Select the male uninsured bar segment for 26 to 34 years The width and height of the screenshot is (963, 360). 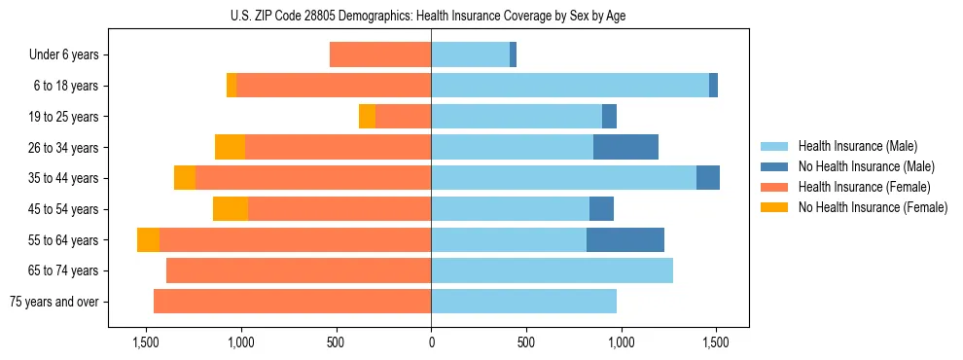click(625, 147)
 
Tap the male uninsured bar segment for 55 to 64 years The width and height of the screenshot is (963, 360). click(625, 239)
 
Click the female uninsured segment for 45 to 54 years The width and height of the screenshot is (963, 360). click(231, 208)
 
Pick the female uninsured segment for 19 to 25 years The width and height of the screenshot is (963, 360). click(367, 116)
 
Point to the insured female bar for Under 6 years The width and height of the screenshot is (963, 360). click(380, 54)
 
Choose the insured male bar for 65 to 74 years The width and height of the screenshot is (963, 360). click(552, 270)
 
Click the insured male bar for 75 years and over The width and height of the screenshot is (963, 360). click(523, 302)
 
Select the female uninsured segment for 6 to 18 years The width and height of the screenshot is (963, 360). click(232, 86)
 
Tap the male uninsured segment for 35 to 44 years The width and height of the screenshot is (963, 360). click(708, 178)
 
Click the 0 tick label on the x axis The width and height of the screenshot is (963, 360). click(431, 342)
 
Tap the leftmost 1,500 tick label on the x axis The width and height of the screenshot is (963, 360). click(146, 342)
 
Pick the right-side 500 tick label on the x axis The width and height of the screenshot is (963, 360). click(525, 342)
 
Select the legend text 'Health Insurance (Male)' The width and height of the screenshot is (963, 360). click(857, 146)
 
